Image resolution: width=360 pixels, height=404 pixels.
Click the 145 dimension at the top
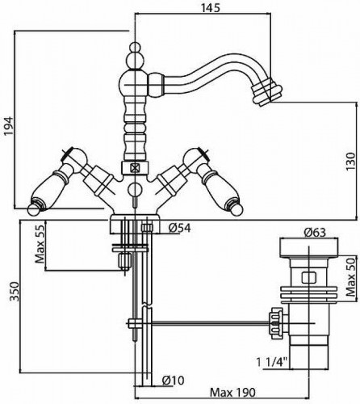pyautogui.click(x=211, y=8)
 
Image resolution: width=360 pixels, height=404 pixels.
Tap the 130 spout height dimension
pyautogui.click(x=351, y=162)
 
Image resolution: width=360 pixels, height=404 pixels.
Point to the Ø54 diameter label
pyautogui.click(x=180, y=228)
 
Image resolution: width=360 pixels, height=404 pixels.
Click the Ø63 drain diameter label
pyautogui.click(x=315, y=232)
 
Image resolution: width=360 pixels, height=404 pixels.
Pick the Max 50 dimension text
pyautogui.click(x=351, y=276)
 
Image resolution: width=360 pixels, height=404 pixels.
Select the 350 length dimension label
pyautogui.click(x=15, y=291)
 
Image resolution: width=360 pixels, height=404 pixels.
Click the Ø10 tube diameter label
pyautogui.click(x=174, y=381)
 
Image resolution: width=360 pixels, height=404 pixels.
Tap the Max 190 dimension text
pyautogui.click(x=232, y=393)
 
